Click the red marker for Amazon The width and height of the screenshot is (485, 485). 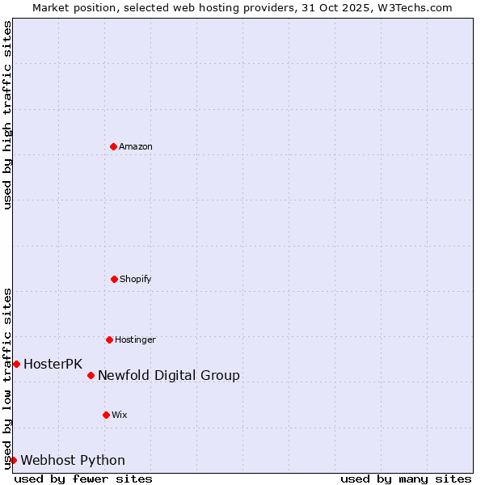coord(113,146)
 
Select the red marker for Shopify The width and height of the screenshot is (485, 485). coord(114,279)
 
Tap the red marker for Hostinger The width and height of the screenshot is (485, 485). coord(109,339)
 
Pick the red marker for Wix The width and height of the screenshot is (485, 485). coord(106,415)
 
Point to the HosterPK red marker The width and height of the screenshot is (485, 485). coord(16,364)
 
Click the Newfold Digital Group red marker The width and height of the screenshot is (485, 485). coord(91,375)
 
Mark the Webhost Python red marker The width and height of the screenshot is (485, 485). coord(13,460)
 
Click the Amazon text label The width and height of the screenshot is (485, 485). coord(136,146)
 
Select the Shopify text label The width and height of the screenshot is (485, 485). coord(136,279)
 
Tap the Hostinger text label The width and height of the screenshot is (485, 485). coord(135,339)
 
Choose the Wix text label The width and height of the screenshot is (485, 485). coord(120,415)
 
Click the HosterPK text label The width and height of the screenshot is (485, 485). coord(53,364)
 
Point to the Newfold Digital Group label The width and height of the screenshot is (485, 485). coord(169,375)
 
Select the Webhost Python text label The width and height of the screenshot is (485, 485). coord(73,460)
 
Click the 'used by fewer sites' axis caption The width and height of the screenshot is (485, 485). coord(83,479)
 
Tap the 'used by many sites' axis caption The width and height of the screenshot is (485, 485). coord(406,479)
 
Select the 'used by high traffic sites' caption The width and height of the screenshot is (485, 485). coord(7,115)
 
